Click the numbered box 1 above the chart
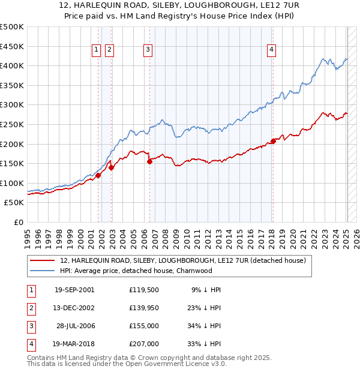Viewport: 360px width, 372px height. tap(96, 50)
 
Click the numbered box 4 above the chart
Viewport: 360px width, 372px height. tap(272, 50)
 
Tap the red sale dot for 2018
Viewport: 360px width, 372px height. tap(273, 141)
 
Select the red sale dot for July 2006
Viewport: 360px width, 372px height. tap(149, 161)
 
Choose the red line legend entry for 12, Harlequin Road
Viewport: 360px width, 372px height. tap(183, 260)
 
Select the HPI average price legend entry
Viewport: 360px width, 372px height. tap(136, 271)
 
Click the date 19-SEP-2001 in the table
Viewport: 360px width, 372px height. tap(74, 290)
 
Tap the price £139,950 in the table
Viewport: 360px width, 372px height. tap(143, 308)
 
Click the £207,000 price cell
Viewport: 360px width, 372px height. tap(143, 344)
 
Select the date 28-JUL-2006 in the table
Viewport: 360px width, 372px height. tap(75, 326)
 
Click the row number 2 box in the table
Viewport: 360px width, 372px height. tap(30, 308)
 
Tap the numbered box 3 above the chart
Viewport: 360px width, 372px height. tap(148, 50)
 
